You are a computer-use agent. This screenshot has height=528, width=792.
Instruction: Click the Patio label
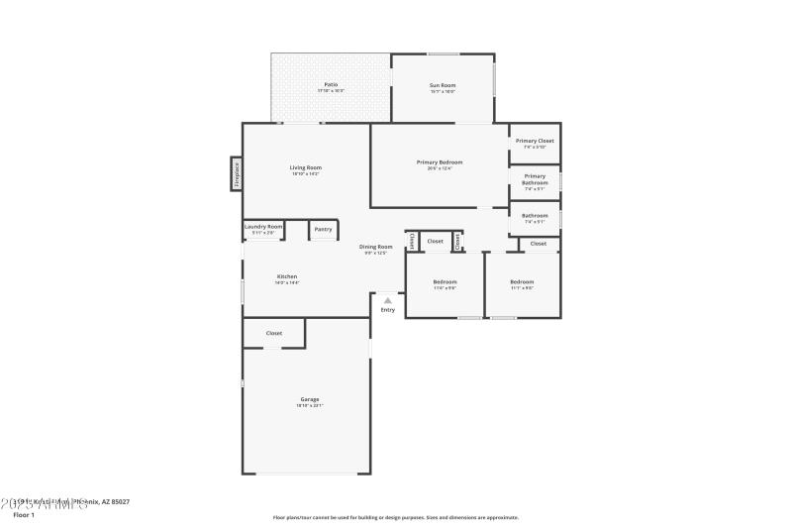[331, 84]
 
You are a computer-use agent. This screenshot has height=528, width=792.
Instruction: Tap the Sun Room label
[442, 85]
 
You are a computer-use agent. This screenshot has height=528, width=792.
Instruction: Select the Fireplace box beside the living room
[237, 173]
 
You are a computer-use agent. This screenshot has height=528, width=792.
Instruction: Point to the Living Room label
[305, 167]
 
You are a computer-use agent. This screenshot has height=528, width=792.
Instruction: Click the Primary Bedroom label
[439, 161]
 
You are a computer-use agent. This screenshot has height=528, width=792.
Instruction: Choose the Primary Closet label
[535, 141]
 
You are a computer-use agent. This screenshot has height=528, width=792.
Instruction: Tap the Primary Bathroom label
[535, 179]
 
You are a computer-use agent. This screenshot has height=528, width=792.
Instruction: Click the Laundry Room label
[263, 226]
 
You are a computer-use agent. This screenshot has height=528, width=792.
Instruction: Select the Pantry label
[323, 229]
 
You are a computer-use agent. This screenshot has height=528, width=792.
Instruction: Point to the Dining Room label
[375, 247]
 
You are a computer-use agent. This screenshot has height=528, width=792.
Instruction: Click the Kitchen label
[287, 276]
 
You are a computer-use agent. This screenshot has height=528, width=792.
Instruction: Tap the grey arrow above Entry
[387, 300]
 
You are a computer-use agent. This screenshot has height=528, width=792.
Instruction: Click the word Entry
[387, 310]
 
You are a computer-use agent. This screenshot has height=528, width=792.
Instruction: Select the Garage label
[310, 399]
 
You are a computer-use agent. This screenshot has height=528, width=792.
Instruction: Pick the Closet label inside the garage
[274, 333]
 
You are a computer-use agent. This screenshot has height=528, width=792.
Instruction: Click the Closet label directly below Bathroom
[538, 243]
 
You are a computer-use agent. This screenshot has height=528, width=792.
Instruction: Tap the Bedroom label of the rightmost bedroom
[522, 281]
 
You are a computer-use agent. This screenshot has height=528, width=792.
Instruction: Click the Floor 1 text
[24, 515]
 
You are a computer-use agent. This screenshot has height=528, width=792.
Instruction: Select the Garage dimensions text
[310, 405]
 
